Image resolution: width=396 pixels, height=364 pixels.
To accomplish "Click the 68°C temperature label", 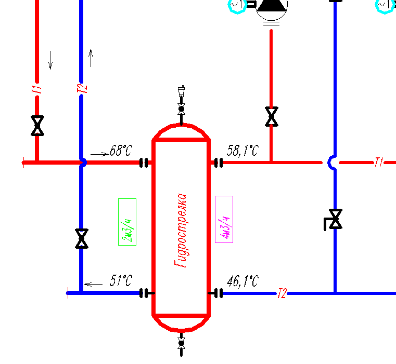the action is coord(121,151).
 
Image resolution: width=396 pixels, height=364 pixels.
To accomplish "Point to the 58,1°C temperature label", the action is coord(242,151).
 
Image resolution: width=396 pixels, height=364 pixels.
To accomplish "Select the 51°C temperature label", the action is coord(121,280).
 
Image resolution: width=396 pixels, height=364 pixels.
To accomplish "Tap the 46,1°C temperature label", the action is coord(242,281).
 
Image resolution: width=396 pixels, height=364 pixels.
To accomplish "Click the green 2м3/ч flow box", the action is coord(127,222).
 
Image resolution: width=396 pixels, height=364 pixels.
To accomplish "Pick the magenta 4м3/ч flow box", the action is coord(224,219).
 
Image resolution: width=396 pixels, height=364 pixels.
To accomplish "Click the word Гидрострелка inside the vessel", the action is coord(181,230).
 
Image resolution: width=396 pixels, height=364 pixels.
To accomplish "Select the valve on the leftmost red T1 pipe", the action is coord(37,126).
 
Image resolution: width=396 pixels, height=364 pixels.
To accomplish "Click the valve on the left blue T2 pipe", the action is coord(82,238).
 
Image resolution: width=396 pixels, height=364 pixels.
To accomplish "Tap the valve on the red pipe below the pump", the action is coord(272,116).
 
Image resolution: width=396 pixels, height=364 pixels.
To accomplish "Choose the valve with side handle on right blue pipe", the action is coord(334,219).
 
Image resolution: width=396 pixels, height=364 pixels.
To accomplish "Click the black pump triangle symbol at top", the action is coord(272,6).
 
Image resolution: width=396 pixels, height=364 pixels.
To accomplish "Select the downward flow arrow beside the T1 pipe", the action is coord(50,60).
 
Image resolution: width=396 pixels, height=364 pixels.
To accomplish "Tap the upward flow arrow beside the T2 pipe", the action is coord(91,58).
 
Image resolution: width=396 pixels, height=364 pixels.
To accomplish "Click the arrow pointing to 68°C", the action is coord(100,154).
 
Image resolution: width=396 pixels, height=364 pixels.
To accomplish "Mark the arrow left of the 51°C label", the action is coord(93,285).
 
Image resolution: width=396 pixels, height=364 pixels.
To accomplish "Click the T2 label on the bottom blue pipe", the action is coord(282,293).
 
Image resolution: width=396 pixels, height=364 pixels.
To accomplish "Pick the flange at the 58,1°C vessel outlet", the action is coord(219,163).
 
